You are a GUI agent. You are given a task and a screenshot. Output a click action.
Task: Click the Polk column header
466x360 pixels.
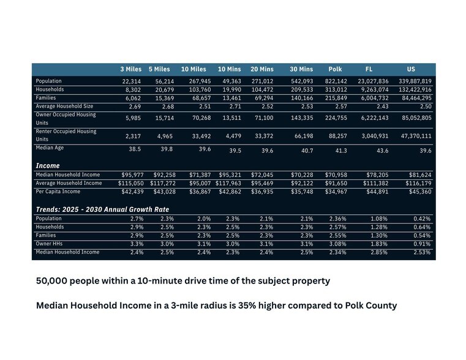coord(335,69)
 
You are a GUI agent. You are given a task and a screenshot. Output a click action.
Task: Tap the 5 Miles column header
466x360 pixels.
coord(159,69)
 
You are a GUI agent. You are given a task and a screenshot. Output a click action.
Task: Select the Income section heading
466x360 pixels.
coord(47,165)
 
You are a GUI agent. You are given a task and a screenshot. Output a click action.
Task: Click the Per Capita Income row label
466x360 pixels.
coord(58,192)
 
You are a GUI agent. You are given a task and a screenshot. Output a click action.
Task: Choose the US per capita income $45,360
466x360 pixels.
coord(419,192)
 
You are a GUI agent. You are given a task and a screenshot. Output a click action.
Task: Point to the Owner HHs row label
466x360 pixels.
coord(50,243)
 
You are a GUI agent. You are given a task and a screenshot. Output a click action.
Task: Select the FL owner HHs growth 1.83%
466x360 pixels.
coord(379,244)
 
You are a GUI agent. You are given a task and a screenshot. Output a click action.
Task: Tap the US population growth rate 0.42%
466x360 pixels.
coord(421,219)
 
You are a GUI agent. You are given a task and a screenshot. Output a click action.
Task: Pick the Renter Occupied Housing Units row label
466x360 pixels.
coord(66,135)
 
